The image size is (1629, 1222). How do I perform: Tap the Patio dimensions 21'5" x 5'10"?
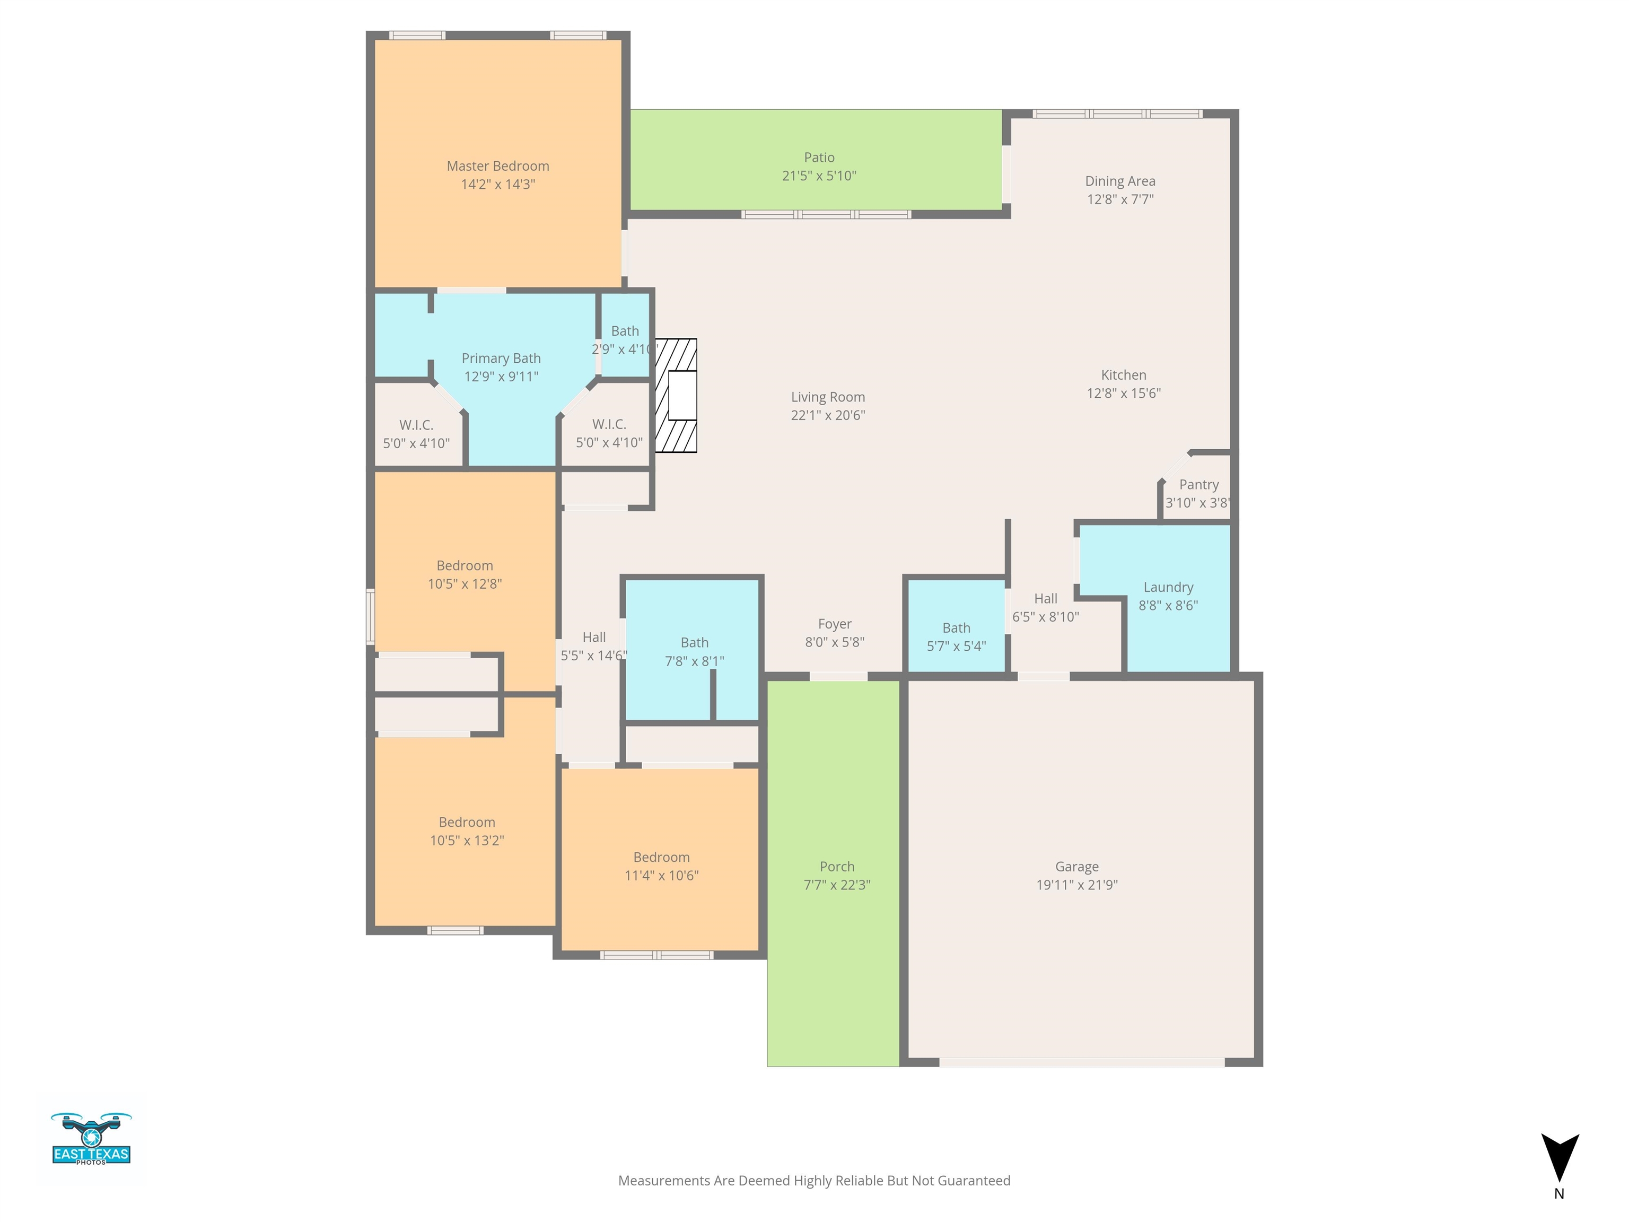(819, 176)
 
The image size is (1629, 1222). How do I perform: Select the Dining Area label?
(1120, 181)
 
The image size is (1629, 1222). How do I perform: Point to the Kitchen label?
(1124, 375)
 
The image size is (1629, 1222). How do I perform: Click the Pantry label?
(1199, 485)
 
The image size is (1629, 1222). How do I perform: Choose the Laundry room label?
(1169, 587)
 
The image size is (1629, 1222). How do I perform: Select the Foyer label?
(834, 624)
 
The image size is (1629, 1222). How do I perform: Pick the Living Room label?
(828, 397)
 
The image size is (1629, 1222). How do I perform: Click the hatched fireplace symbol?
(676, 396)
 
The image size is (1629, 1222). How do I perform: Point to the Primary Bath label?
(501, 359)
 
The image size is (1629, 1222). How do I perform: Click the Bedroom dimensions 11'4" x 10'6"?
(661, 876)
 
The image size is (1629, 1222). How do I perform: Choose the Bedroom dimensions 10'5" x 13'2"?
(467, 841)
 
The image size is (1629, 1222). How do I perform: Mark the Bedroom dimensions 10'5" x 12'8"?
(465, 584)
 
